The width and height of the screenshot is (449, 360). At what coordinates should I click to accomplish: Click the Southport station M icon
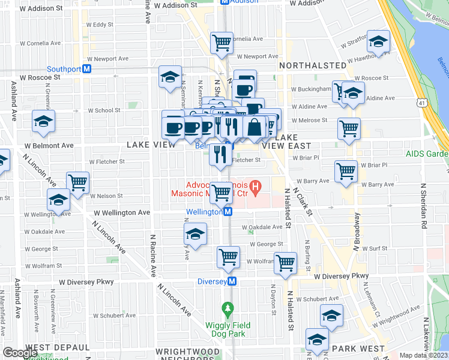coord(87,69)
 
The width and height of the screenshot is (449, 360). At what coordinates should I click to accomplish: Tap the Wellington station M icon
coord(228,212)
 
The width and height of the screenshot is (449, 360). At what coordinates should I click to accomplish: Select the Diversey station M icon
coord(232,281)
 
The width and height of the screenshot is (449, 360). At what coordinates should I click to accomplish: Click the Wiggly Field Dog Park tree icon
coord(227,310)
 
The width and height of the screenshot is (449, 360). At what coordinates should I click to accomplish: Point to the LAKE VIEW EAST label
coord(287,142)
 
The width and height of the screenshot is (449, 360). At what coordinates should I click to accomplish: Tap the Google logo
coord(20,353)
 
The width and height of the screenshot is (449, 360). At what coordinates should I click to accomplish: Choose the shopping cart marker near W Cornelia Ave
coord(221,43)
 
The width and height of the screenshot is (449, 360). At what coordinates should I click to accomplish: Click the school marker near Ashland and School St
coord(43,122)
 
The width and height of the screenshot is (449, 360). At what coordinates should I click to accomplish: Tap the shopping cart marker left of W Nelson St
coord(77,182)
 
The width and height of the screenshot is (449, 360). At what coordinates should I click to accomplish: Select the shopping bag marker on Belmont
coord(255,127)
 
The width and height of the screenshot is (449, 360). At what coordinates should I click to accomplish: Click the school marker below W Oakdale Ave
coord(195,235)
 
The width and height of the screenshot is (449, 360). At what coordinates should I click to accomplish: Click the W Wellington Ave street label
coord(122,212)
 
